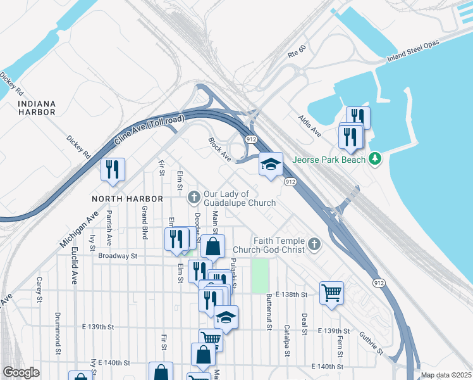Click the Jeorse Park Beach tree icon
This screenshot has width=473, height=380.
pos(375,157)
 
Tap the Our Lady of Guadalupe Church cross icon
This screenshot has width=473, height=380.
pos(194,198)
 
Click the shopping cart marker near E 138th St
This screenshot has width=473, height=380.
pos(331,293)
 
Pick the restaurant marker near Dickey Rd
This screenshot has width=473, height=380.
pos(113,169)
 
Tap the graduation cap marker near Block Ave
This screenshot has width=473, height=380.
pos(270,165)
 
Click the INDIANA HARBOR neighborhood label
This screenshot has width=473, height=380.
pos(37,108)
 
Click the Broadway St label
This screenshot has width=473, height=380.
pos(118,256)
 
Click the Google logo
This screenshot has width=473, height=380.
pos(21,372)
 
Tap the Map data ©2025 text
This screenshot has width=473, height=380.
pos(446,375)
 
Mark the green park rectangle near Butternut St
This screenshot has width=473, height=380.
pos(260,275)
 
